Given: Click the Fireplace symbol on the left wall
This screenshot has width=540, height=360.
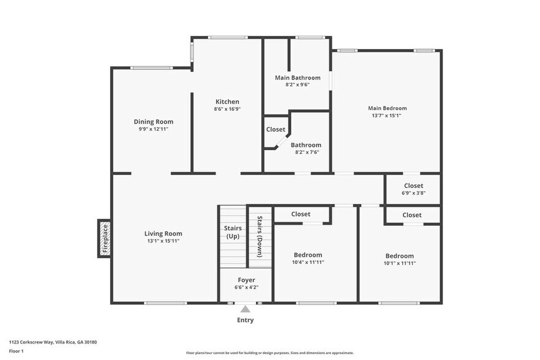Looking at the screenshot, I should tap(105, 238).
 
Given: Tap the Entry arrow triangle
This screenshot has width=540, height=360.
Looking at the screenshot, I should tap(245, 309).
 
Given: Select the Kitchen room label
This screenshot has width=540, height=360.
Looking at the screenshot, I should tap(227, 102).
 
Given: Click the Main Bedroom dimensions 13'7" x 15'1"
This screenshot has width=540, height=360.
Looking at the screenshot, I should tap(386, 116).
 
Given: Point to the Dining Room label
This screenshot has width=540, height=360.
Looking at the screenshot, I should tap(154, 121).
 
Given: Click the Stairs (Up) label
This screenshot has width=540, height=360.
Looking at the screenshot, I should tap(233, 232).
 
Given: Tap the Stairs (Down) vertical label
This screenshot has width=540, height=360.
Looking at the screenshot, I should tap(260, 235).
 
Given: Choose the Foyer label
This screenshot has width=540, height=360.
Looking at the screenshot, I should tap(246, 280).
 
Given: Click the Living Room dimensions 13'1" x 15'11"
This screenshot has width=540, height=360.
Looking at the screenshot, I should tap(163, 241).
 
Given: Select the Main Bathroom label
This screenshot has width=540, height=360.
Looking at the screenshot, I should tap(298, 78).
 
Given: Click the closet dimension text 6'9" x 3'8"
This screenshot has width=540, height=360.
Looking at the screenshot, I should tap(413, 193).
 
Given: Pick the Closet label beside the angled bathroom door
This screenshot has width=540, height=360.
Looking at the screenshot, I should tap(276, 129).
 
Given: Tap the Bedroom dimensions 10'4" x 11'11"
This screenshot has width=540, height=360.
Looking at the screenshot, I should tap(308, 262).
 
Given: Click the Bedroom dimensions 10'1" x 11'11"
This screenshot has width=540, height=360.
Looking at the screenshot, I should tap(399, 263).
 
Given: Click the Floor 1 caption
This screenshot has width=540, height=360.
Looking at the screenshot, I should tap(16, 351).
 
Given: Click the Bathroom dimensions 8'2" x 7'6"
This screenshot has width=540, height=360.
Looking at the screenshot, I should tap(306, 152).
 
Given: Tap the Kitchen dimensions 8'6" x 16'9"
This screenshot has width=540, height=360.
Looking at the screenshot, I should tap(227, 109).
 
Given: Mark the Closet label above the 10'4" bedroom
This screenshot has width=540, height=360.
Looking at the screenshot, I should tap(301, 214).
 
